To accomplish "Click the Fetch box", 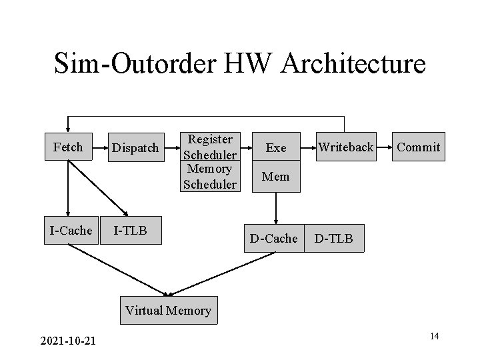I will coord(67,147).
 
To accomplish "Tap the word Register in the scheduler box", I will coord(210,139).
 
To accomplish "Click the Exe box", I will coord(276,148).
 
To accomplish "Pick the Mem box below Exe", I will coord(276,177).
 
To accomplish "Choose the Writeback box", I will coord(345,147).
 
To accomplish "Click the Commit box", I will coord(418,147).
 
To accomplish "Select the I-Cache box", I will coord(71,231).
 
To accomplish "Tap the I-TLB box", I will coord(131,231).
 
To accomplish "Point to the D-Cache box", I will coord(273,238).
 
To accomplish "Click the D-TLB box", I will coord(334,238).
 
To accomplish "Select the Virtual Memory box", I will coord(168,310).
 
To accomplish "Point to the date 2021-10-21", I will coord(67,341).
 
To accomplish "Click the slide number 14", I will coord(434,336).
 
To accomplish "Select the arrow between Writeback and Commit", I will coord(385,147).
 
